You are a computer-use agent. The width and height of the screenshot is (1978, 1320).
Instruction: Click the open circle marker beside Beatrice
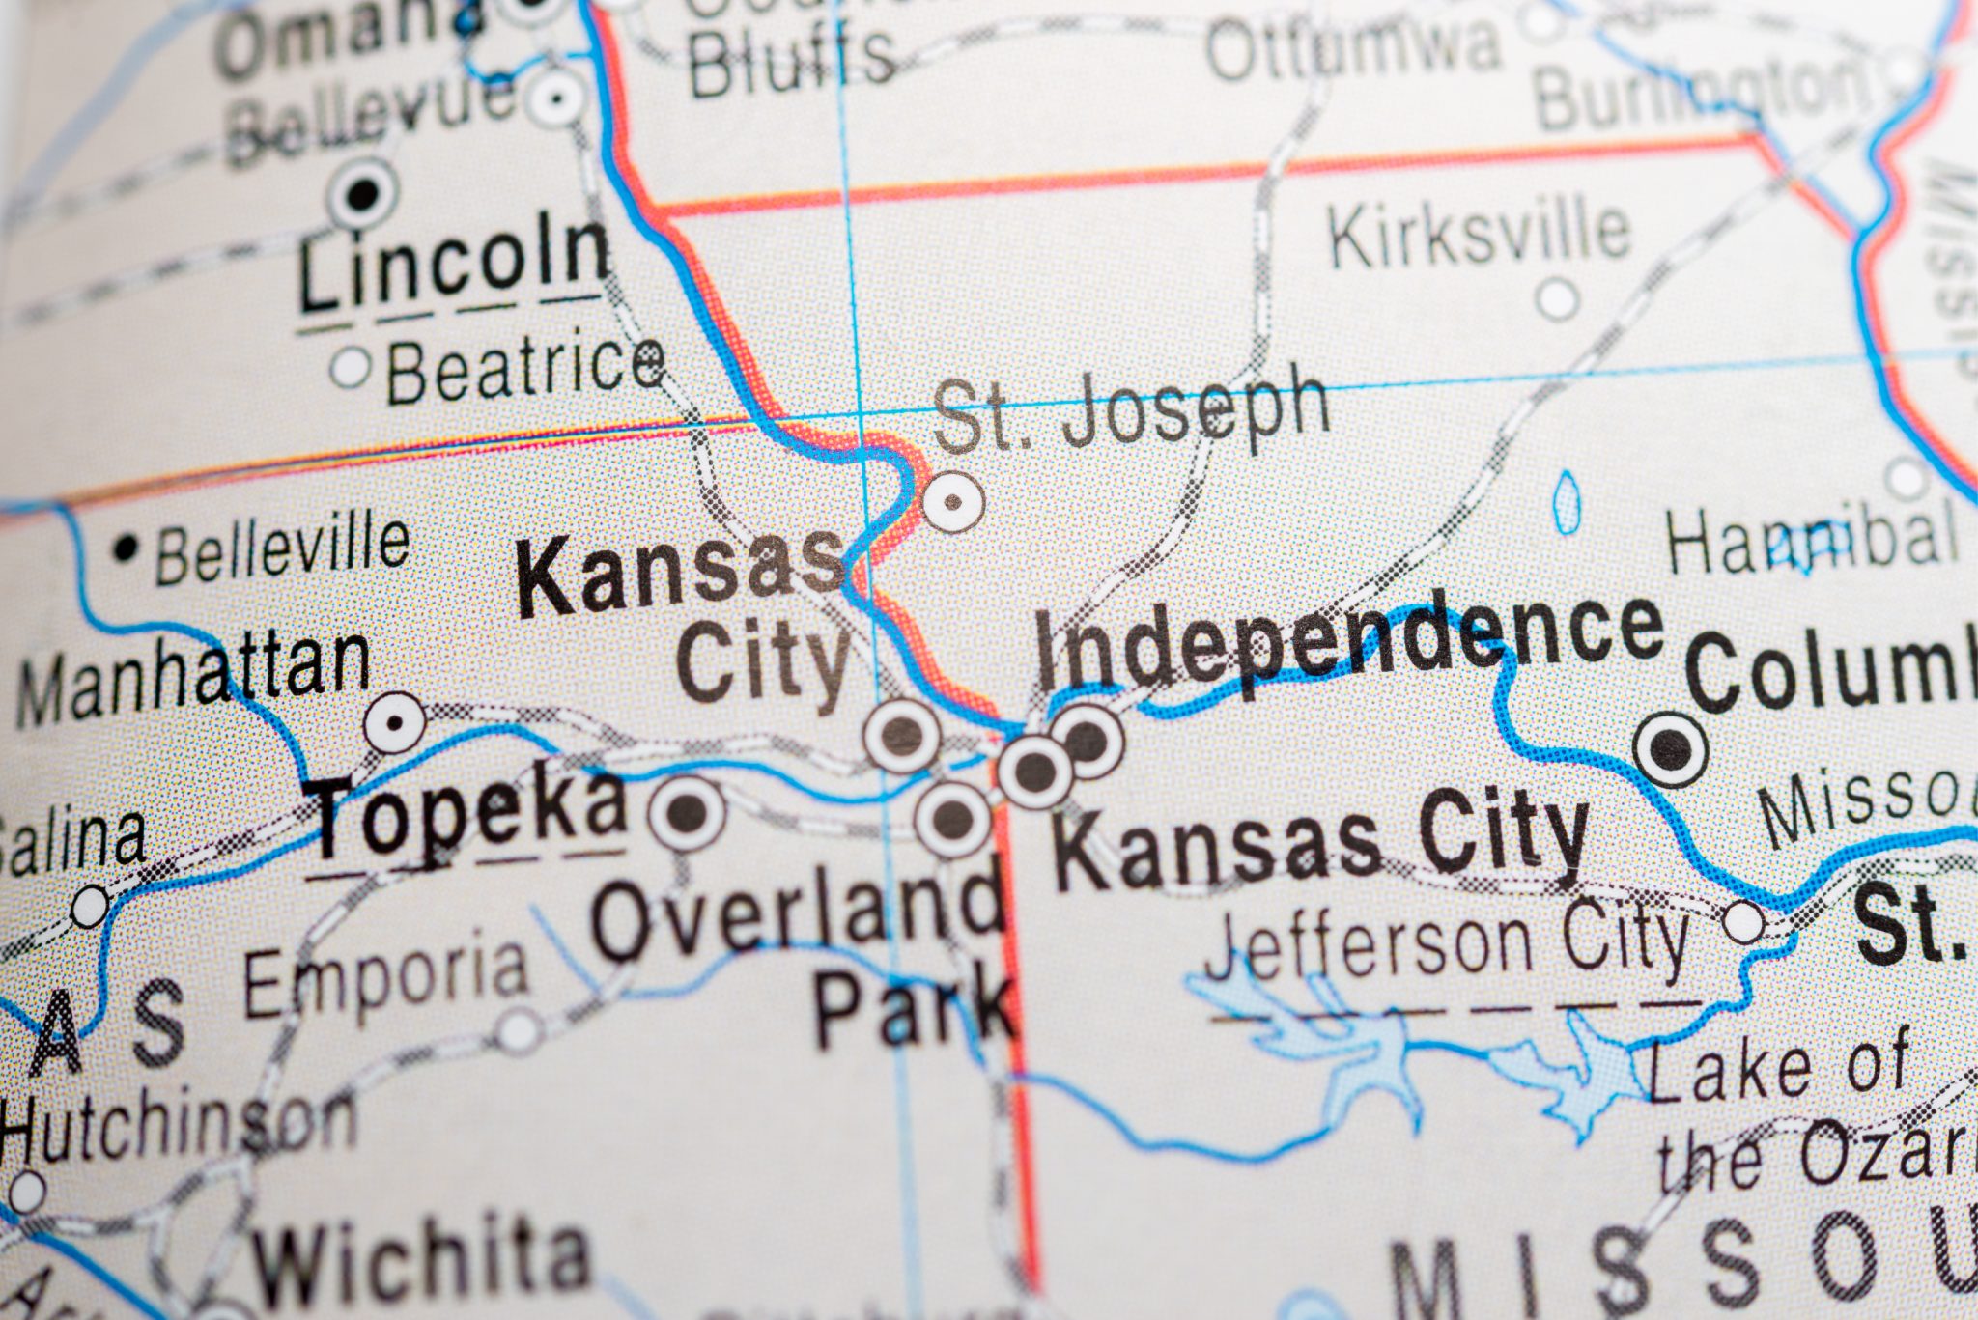(x=350, y=367)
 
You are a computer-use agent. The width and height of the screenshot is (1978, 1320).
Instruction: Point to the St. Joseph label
(x=1130, y=414)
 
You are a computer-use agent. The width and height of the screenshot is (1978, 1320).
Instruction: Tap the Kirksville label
(x=1479, y=232)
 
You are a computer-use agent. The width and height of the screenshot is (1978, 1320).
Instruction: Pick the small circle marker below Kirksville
(x=1557, y=298)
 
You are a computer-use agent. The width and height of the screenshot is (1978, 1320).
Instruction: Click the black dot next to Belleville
(x=125, y=549)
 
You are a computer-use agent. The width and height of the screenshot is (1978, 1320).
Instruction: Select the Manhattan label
(x=193, y=680)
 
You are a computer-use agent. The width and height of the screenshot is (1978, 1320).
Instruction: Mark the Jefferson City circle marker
(x=1743, y=921)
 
